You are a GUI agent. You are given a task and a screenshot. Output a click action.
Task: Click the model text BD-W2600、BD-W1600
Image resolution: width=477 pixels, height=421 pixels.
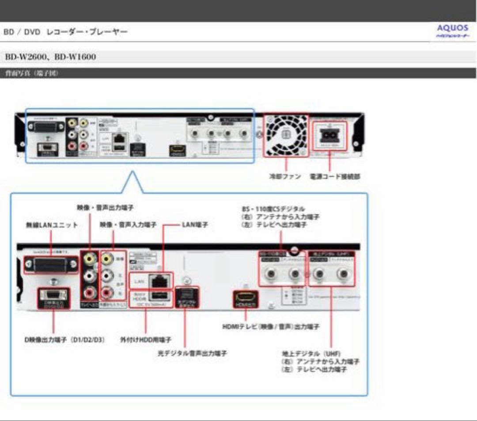click(50, 57)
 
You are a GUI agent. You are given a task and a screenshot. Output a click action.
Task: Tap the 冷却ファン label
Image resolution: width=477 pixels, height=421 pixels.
click(285, 176)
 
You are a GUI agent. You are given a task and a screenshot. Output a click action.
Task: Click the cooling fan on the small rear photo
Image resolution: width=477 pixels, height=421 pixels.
click(285, 135)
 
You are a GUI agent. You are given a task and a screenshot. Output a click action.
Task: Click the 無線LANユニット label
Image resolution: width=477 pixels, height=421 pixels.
click(52, 225)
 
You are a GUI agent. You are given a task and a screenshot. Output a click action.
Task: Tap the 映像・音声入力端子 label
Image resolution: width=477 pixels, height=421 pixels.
click(128, 225)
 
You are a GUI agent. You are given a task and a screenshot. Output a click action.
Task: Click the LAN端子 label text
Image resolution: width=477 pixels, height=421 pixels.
click(195, 225)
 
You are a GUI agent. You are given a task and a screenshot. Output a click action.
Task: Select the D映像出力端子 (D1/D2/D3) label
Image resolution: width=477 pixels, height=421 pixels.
click(64, 341)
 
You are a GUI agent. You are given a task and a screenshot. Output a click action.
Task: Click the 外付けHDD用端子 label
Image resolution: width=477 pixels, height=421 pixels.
click(146, 341)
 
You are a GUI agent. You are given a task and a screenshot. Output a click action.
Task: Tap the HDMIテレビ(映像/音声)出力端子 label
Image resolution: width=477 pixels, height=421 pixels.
click(271, 327)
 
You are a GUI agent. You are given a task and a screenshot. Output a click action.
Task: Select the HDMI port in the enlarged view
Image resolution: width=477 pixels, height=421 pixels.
click(246, 299)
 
